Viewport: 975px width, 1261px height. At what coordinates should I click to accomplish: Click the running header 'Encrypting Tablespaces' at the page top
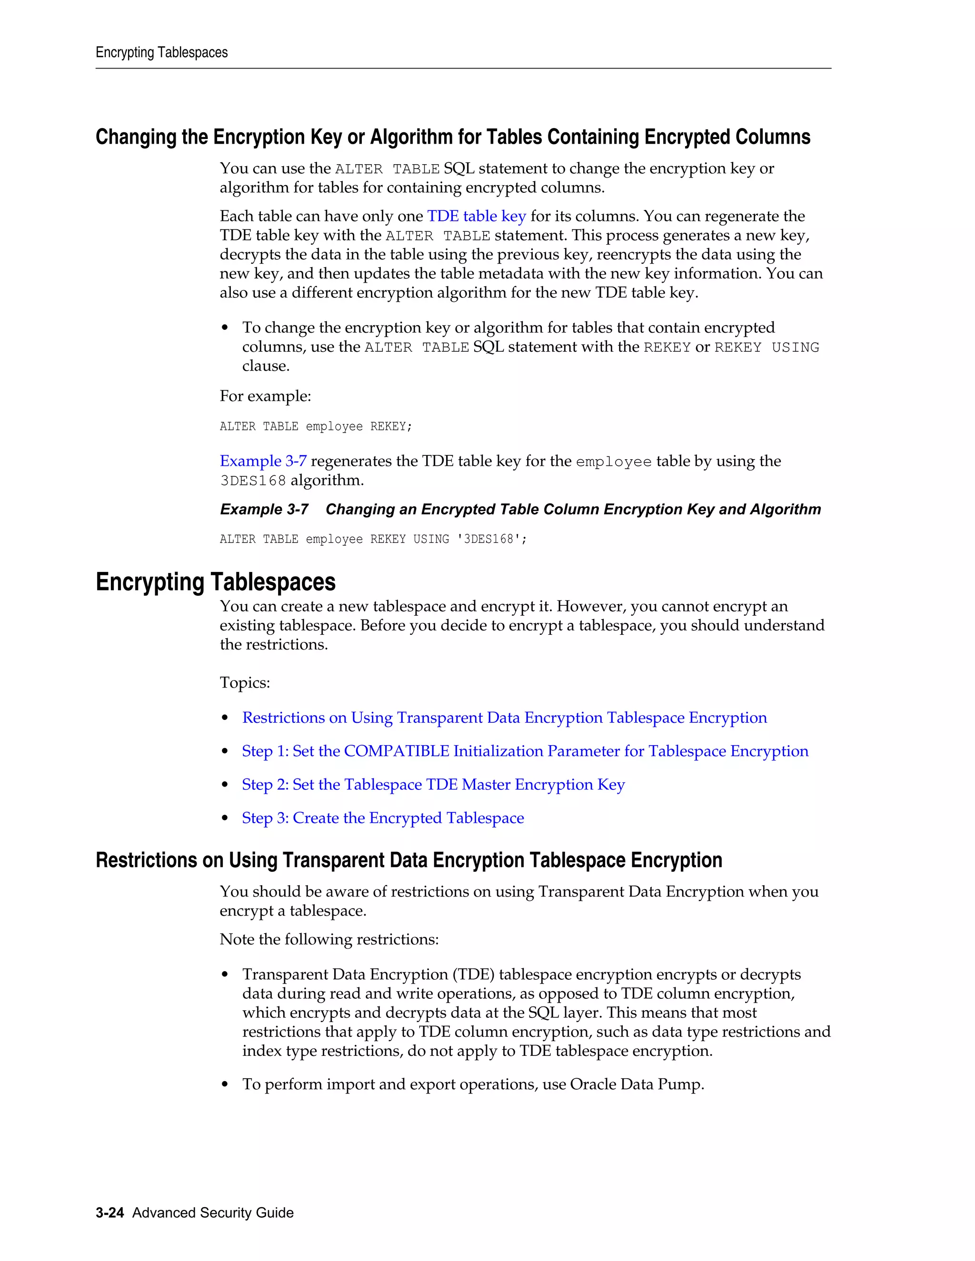pyautogui.click(x=162, y=52)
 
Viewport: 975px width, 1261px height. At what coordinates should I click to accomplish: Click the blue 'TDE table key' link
pyautogui.click(x=476, y=216)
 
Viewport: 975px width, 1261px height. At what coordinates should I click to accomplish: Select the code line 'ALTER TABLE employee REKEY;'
pyautogui.click(x=315, y=427)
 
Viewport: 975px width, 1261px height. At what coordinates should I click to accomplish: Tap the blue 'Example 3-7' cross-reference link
pyautogui.click(x=263, y=461)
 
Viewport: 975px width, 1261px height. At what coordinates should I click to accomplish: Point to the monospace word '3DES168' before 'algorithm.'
pyautogui.click(x=253, y=481)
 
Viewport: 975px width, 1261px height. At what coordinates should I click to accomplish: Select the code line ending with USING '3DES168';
pyautogui.click(x=373, y=539)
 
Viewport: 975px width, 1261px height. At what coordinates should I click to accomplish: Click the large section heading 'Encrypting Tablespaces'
pyautogui.click(x=216, y=581)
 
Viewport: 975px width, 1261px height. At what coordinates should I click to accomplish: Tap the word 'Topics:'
pyautogui.click(x=244, y=682)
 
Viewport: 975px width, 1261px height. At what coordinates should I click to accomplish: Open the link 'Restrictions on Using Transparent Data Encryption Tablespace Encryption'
pyautogui.click(x=504, y=717)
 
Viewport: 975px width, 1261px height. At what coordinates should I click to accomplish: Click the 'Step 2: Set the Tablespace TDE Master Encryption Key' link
pyautogui.click(x=433, y=784)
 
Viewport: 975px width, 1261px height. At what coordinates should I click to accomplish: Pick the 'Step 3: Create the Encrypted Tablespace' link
pyautogui.click(x=382, y=818)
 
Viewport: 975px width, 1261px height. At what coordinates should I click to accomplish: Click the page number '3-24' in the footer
pyautogui.click(x=110, y=1212)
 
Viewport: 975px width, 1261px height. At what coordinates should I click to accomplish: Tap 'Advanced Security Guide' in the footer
pyautogui.click(x=212, y=1212)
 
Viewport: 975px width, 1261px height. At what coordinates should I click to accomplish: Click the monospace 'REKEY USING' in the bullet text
pyautogui.click(x=766, y=347)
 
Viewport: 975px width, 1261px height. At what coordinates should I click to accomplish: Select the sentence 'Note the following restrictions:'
pyautogui.click(x=328, y=939)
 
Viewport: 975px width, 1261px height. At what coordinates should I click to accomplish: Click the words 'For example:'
pyautogui.click(x=265, y=396)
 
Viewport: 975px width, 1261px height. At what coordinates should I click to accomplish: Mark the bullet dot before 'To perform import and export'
pyautogui.click(x=225, y=1085)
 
